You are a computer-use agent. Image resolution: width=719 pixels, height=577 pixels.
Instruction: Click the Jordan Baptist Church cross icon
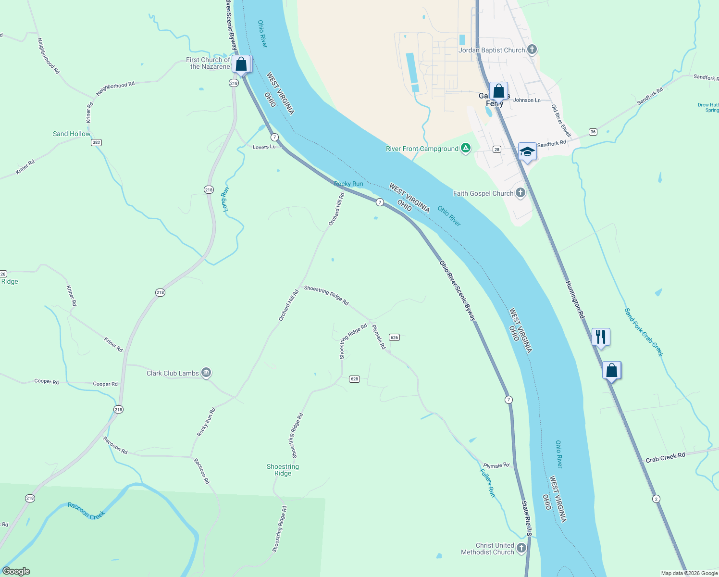[x=532, y=50]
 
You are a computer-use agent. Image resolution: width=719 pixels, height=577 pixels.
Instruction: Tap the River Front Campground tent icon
[x=465, y=148]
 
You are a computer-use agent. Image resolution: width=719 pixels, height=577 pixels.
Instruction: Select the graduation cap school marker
[x=527, y=151]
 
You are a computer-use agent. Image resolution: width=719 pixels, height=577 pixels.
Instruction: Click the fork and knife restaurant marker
[x=601, y=337]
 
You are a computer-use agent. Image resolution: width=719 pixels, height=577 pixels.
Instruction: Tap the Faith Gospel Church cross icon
[x=520, y=193]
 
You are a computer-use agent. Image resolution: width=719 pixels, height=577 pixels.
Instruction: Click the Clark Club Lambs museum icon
[x=206, y=373]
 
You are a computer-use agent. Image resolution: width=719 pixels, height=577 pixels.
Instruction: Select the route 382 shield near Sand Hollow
[x=97, y=142]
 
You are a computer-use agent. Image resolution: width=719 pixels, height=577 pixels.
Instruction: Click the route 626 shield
[x=394, y=337]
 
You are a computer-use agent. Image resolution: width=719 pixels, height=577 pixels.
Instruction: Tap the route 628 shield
[x=354, y=379]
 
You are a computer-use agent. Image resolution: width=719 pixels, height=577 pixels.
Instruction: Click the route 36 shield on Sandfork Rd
[x=593, y=132]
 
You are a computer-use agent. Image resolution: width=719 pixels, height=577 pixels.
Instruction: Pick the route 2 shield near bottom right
[x=656, y=499]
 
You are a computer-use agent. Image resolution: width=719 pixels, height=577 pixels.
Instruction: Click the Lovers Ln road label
[x=264, y=147]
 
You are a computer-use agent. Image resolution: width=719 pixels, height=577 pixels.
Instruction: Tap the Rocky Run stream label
[x=348, y=184]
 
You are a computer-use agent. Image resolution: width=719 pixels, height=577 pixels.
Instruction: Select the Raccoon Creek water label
[x=86, y=511]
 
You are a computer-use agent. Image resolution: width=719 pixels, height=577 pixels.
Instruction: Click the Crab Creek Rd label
[x=665, y=458]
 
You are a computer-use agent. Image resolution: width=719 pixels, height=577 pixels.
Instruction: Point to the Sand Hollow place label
[x=72, y=134]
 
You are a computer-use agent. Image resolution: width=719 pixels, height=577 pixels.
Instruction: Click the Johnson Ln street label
[x=527, y=100]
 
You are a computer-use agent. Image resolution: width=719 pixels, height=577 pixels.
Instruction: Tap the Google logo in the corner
[x=16, y=571]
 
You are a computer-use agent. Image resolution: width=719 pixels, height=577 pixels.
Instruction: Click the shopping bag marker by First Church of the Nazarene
[x=241, y=64]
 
